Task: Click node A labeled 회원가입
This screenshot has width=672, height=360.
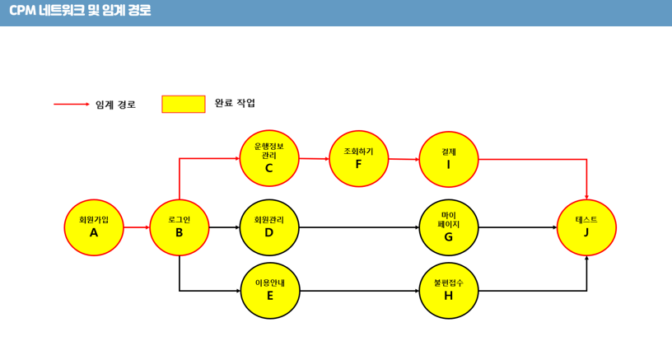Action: [94, 227]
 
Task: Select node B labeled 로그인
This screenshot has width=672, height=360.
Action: [180, 227]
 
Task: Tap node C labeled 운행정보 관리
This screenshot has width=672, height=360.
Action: [269, 158]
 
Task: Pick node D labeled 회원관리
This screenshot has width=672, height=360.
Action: [269, 227]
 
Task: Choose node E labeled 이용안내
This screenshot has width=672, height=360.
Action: [270, 291]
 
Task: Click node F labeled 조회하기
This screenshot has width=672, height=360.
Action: [359, 159]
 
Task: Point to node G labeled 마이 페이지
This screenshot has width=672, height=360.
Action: [449, 227]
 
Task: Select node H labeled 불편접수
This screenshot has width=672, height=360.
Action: [449, 291]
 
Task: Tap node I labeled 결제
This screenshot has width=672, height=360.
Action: [449, 159]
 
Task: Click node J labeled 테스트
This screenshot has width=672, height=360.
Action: [586, 227]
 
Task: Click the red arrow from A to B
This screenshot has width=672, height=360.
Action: [137, 227]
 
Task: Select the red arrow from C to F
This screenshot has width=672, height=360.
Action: [314, 158]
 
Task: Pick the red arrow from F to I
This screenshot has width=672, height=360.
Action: [404, 159]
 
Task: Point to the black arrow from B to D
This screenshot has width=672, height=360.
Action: [224, 227]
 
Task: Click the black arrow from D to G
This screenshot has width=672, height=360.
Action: [359, 227]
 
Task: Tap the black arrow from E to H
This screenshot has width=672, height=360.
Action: [359, 291]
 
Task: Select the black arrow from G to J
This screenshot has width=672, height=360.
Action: [517, 227]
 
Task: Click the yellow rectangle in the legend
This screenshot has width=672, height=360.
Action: [184, 104]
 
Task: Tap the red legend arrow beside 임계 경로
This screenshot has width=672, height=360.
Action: [72, 105]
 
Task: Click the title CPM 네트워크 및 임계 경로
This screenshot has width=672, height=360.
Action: [80, 12]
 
